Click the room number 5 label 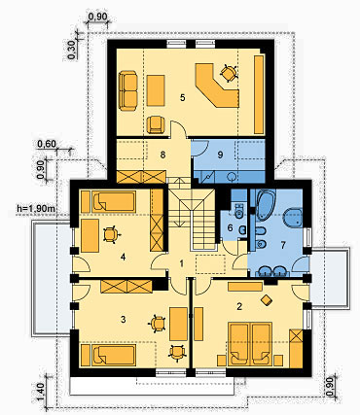pyautogui.click(x=183, y=97)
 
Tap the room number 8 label pyautogui.click(x=162, y=155)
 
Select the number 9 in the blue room pyautogui.click(x=220, y=155)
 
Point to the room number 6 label pyautogui.click(x=230, y=227)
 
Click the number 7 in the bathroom pyautogui.click(x=283, y=245)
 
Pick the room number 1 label pyautogui.click(x=182, y=263)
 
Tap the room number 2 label pyautogui.click(x=239, y=306)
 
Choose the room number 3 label pyautogui.click(x=123, y=320)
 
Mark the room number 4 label pyautogui.click(x=123, y=257)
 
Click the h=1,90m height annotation pyautogui.click(x=36, y=208)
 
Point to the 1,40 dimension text pyautogui.click(x=41, y=392)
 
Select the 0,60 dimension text pyautogui.click(x=47, y=144)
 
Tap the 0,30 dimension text pyautogui.click(x=72, y=51)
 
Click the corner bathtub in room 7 pyautogui.click(x=266, y=205)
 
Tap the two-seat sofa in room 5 pyautogui.click(x=128, y=91)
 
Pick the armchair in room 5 pyautogui.click(x=156, y=124)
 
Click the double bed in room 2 pyautogui.click(x=250, y=344)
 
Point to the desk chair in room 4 pyautogui.click(x=111, y=234)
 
